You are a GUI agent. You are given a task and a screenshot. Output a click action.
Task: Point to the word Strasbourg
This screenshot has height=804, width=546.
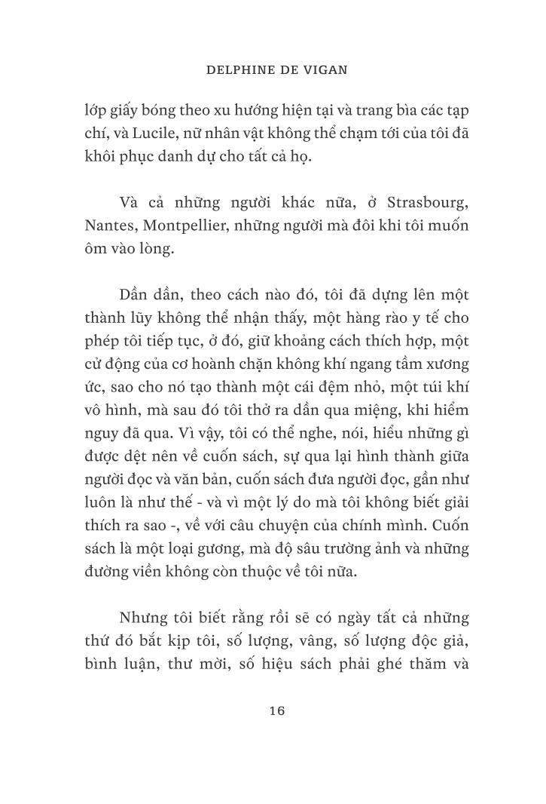[428, 203]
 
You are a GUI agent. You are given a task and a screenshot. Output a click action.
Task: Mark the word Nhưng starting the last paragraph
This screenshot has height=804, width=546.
[145, 618]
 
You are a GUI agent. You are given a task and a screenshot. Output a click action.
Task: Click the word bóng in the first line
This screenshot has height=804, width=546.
[157, 110]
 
